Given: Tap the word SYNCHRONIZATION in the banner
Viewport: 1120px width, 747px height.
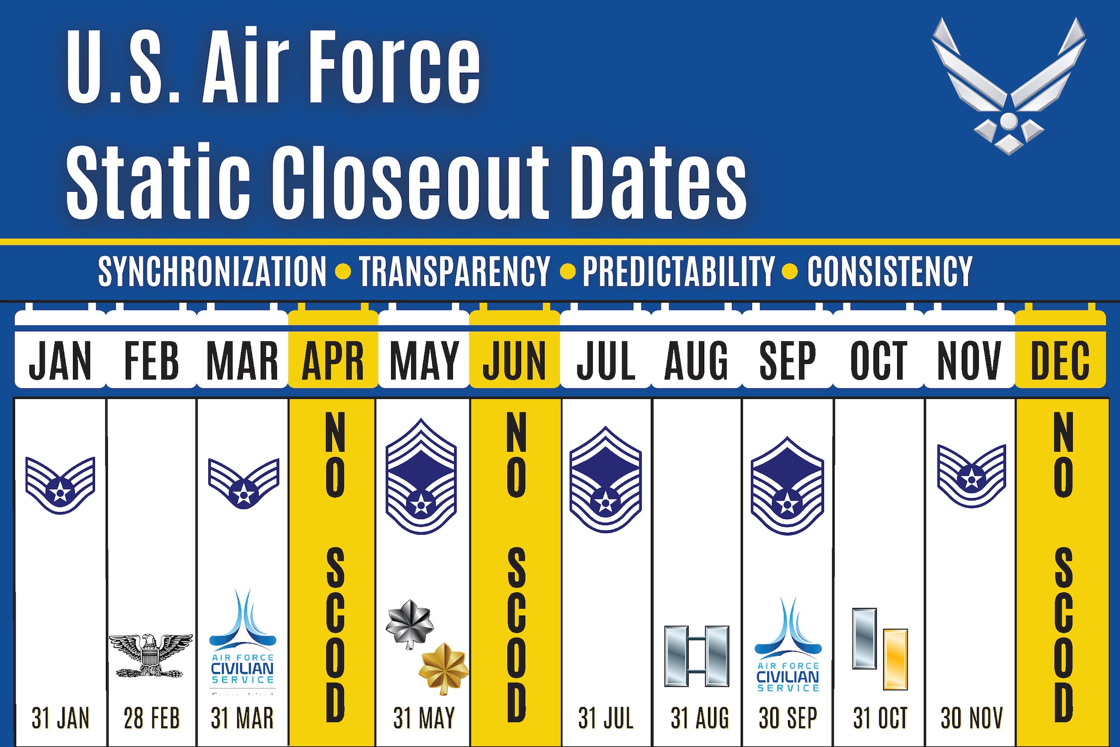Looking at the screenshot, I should click(x=212, y=272).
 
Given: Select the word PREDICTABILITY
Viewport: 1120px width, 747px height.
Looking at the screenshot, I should click(x=678, y=272).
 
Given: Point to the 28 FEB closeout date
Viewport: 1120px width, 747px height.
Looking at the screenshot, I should click(x=151, y=718).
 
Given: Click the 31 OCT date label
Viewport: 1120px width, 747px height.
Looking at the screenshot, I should click(x=880, y=718).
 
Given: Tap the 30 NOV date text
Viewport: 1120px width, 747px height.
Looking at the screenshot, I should click(x=972, y=718).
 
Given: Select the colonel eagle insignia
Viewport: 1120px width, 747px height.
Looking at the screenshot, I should click(x=150, y=655).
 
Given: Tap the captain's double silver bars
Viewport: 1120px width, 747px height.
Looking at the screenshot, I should click(x=697, y=656).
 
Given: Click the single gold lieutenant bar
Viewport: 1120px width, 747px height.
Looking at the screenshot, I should click(x=895, y=659).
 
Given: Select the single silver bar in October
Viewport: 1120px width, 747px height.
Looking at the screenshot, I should click(x=864, y=638).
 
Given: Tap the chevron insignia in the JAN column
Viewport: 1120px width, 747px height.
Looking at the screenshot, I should click(x=60, y=485).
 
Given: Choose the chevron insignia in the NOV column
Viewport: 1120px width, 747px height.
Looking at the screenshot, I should click(x=972, y=475).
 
